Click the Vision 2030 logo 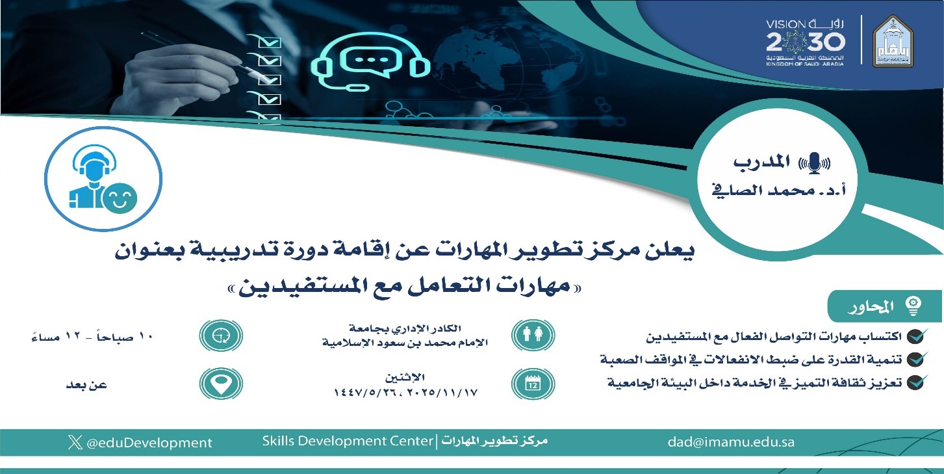[x=806, y=42]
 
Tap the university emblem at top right [x=893, y=41]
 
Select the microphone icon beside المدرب [x=815, y=163]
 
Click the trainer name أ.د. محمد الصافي [x=779, y=191]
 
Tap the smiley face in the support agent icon [x=121, y=198]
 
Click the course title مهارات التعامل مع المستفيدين [x=405, y=287]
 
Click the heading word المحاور [x=871, y=307]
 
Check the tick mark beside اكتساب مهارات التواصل [x=916, y=336]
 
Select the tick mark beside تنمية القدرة [x=916, y=360]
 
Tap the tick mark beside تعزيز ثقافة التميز [x=916, y=382]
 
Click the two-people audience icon [x=533, y=336]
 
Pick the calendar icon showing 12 [x=533, y=384]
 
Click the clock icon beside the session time [x=221, y=336]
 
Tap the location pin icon [x=221, y=384]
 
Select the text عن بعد [x=87, y=385]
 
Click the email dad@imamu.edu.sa [x=731, y=442]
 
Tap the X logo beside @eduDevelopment [x=75, y=442]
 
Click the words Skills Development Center [x=348, y=441]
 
